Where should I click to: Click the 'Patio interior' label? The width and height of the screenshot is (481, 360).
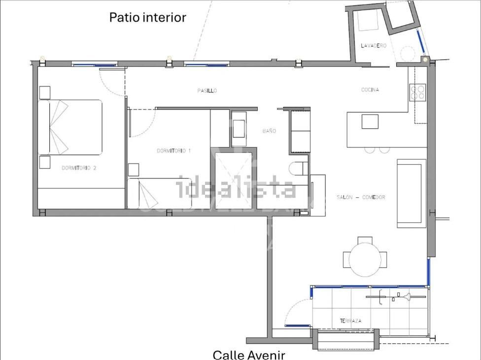click(x=147, y=18)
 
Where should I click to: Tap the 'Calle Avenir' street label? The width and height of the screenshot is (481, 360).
click(x=248, y=355)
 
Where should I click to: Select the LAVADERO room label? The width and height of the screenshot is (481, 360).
click(x=373, y=46)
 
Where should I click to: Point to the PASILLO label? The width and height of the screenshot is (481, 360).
click(x=207, y=91)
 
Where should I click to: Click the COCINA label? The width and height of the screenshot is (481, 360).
click(x=370, y=90)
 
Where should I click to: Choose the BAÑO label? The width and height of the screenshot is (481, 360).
click(x=269, y=131)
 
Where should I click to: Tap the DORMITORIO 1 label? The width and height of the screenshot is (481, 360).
click(x=173, y=150)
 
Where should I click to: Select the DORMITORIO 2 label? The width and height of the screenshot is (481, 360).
click(x=79, y=168)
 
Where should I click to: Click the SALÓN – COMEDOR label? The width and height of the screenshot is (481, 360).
click(x=361, y=197)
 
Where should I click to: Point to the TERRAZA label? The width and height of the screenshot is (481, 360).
click(x=350, y=321)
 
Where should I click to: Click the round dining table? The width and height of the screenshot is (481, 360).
click(x=365, y=259)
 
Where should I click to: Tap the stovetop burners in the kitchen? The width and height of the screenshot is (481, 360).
click(x=417, y=92)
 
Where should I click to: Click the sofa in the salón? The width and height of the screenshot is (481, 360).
click(x=412, y=193)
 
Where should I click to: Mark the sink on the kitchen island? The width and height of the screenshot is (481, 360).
click(x=370, y=121)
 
